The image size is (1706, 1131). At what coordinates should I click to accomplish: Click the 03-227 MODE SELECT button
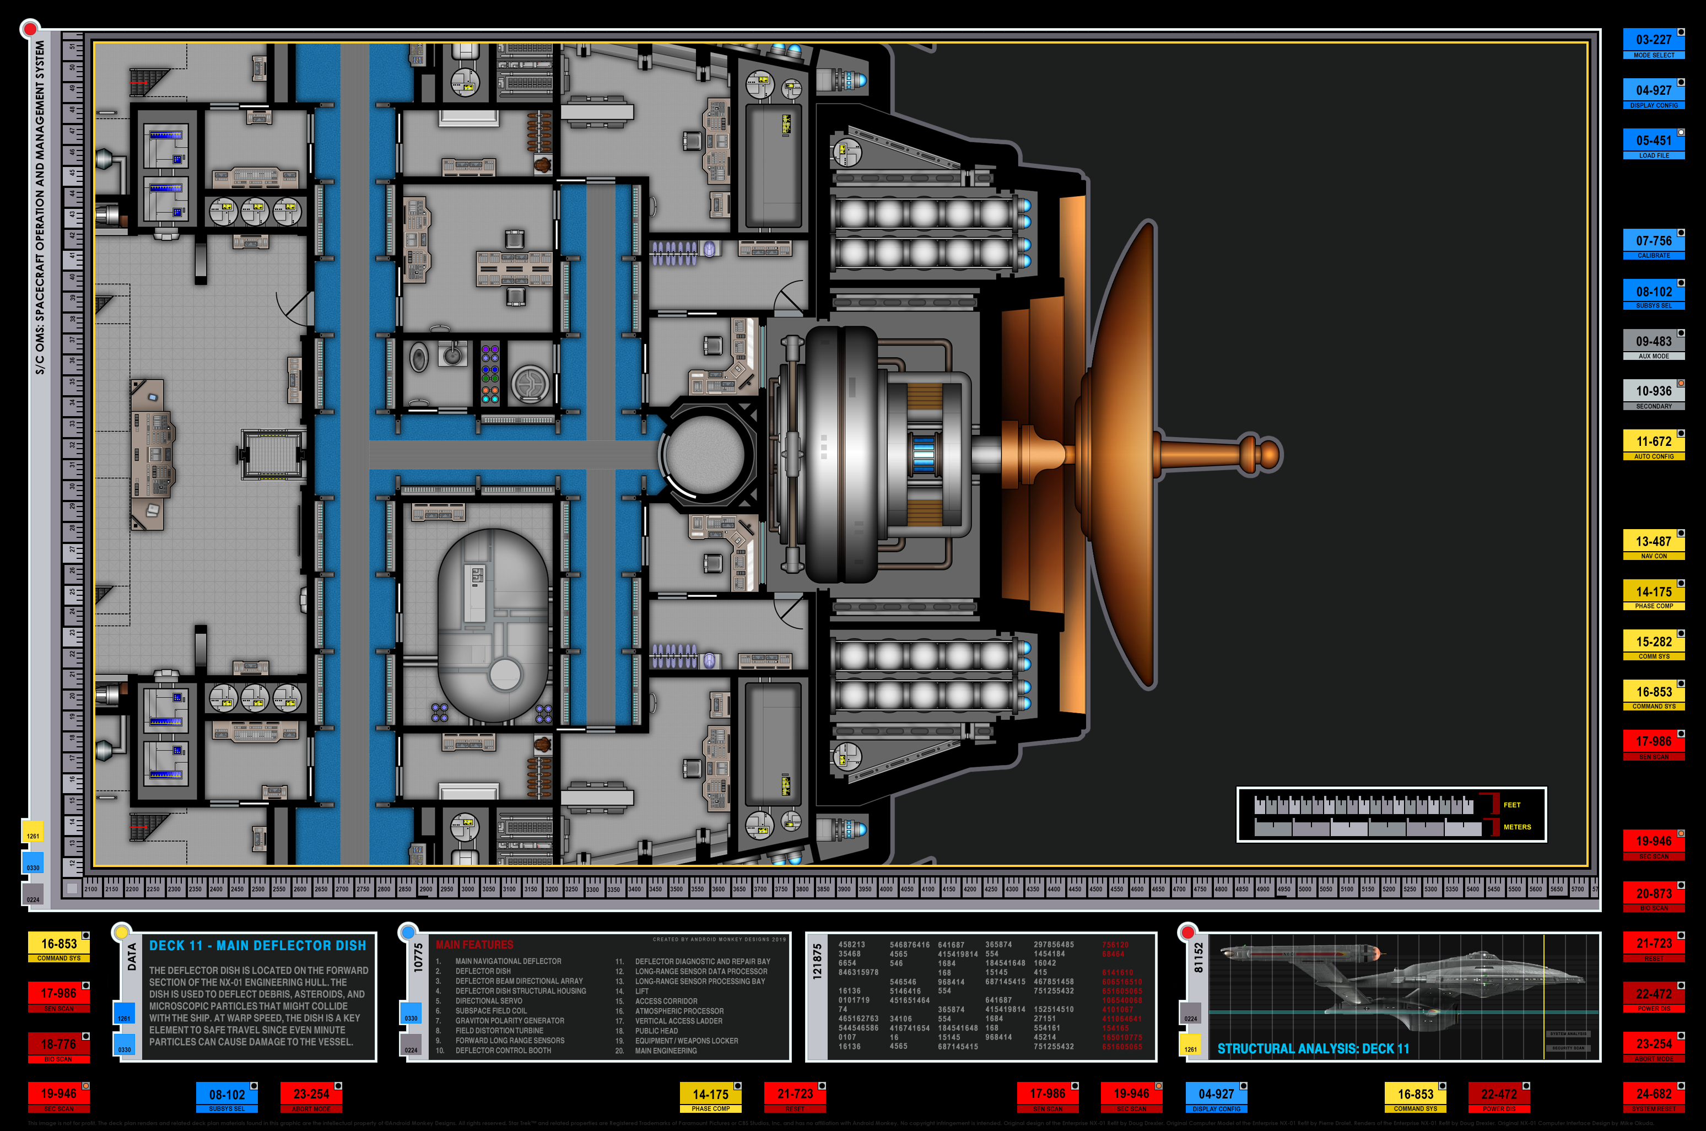click(1653, 44)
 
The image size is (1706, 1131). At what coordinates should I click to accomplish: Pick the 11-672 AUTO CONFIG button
click(1653, 445)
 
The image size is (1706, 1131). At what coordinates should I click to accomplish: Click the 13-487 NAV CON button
click(1653, 545)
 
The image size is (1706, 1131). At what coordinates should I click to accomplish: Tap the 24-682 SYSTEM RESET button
click(1653, 1097)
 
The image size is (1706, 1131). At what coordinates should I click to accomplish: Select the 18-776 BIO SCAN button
click(58, 1047)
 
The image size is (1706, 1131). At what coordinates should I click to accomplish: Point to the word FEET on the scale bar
click(1512, 805)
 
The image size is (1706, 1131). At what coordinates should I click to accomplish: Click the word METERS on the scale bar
click(1517, 827)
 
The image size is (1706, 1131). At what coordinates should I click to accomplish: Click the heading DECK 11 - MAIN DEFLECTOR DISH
click(257, 946)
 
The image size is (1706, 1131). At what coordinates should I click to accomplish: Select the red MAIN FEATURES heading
click(474, 945)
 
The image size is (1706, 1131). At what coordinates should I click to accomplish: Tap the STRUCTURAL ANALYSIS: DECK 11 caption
click(1313, 1049)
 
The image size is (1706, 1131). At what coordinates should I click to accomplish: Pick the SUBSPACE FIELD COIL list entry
click(490, 1010)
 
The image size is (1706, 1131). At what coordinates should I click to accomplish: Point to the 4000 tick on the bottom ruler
click(886, 890)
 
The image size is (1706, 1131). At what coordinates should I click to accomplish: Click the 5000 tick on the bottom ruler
click(1305, 890)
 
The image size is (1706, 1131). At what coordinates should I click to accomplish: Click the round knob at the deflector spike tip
click(1269, 454)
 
